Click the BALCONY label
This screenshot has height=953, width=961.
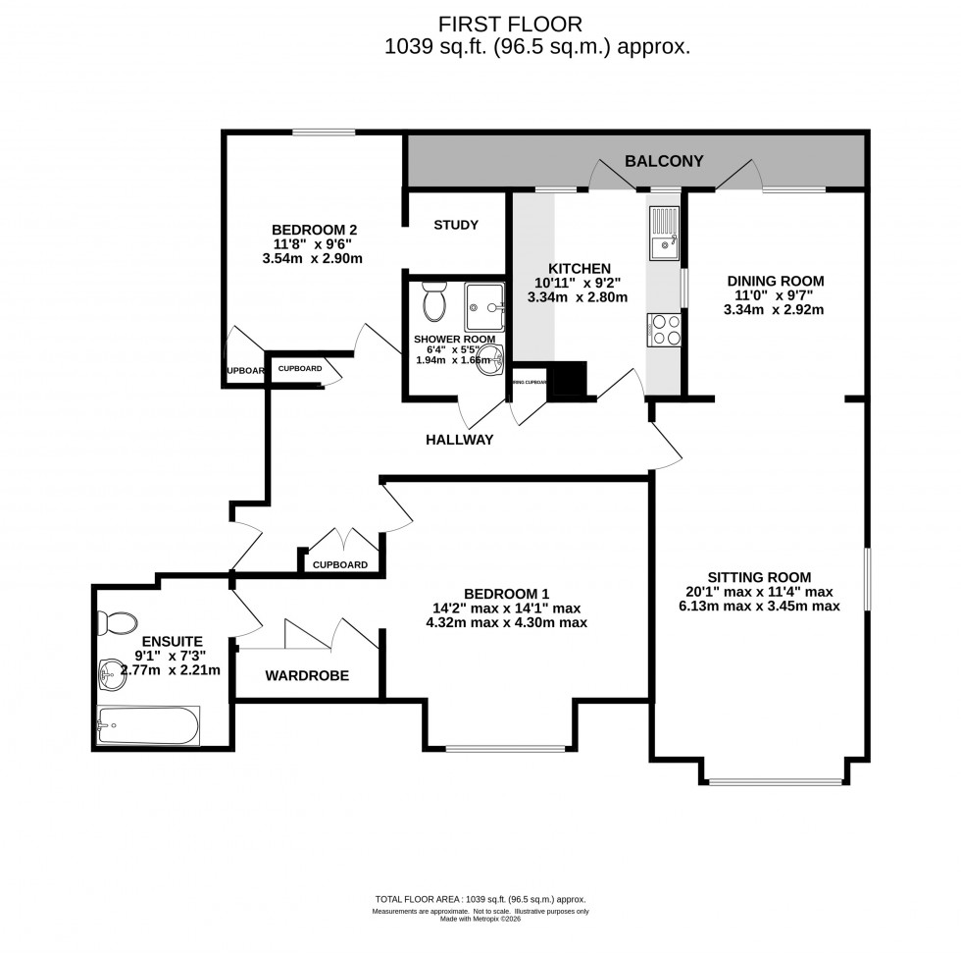click(664, 161)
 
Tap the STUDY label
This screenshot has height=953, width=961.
click(456, 225)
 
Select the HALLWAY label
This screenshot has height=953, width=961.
click(459, 440)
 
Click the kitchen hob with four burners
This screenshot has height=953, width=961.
click(664, 329)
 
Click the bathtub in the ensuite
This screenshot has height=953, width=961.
click(148, 726)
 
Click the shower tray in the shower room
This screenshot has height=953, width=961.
click(483, 307)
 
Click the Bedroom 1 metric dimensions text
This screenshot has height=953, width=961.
click(506, 622)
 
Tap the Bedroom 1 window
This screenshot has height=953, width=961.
click(504, 749)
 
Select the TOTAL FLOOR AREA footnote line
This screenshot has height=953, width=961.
click(480, 899)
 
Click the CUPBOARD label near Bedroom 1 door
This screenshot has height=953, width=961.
click(340, 564)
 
